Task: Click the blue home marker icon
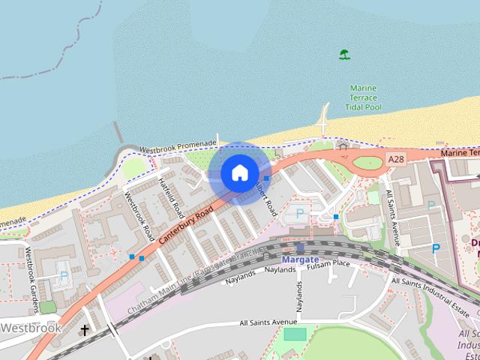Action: [239, 172]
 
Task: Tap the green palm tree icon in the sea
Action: [344, 55]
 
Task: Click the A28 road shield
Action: [396, 160]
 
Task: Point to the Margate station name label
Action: [300, 259]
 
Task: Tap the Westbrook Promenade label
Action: [178, 145]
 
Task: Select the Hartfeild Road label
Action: [170, 193]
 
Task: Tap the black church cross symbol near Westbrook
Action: [85, 329]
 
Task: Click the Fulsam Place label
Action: [331, 263]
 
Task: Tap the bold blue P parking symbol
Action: [435, 248]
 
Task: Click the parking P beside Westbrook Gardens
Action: [64, 275]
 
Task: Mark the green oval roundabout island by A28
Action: [367, 163]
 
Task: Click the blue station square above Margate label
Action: [300, 247]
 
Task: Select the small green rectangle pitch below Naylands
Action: [295, 334]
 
